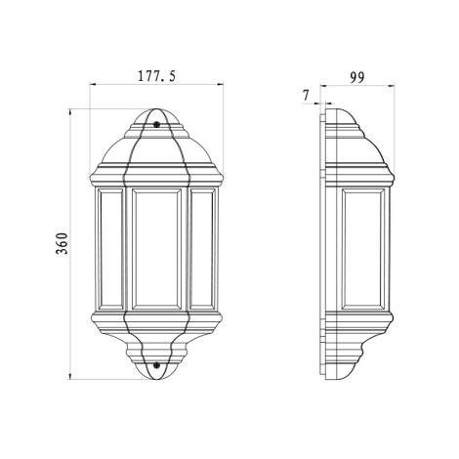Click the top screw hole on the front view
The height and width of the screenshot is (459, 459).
coord(157,124)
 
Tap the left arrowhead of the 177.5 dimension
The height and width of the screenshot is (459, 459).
coord(95,86)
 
